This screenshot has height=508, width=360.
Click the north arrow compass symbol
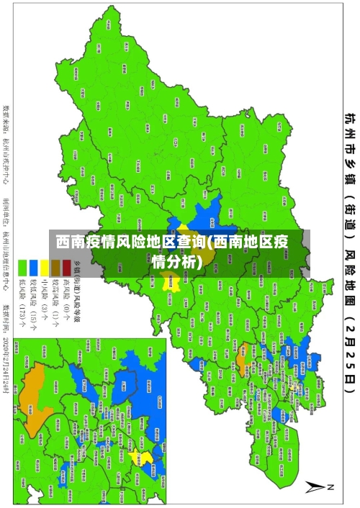(x=315, y=487)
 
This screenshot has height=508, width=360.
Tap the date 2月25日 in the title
(x=349, y=374)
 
